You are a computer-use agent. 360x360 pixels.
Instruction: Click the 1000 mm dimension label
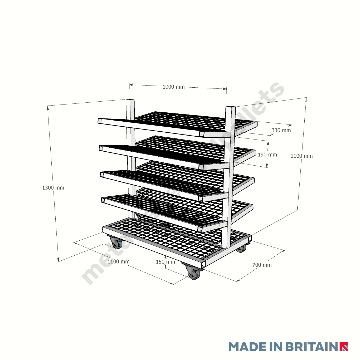point(173,87)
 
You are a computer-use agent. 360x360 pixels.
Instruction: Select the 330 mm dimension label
point(281,130)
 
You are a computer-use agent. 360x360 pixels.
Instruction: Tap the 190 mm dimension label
point(267,155)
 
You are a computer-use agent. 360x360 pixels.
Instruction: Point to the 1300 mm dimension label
point(53,188)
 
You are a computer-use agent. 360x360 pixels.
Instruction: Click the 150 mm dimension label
point(165,262)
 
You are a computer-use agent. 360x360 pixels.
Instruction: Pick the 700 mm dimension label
point(262,265)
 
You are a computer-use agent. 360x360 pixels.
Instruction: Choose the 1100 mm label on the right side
point(301,156)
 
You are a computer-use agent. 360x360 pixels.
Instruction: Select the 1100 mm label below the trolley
point(118,262)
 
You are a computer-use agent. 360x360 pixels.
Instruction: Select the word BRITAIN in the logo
point(311,346)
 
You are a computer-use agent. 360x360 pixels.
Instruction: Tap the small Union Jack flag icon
point(344,347)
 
